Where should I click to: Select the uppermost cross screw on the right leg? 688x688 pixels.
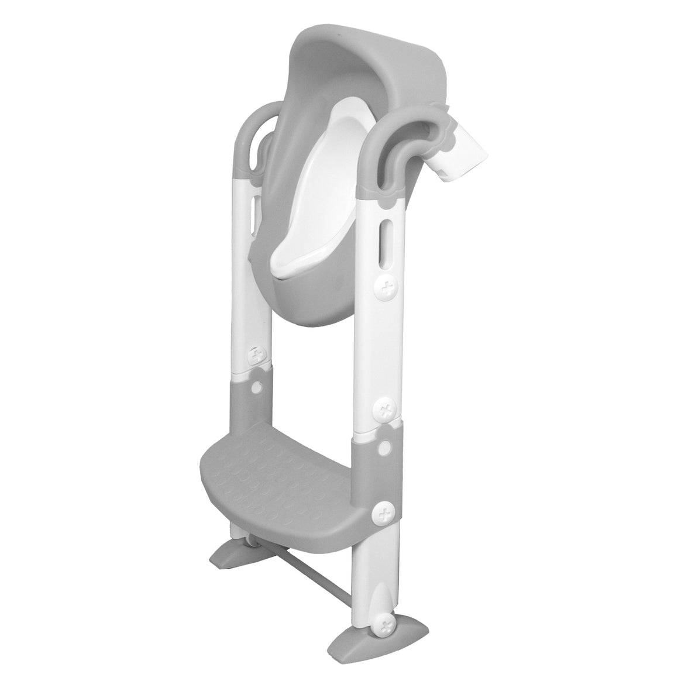click(x=384, y=288)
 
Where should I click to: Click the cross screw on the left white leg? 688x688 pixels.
click(x=255, y=355)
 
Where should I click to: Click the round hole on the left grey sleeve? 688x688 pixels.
click(x=256, y=388)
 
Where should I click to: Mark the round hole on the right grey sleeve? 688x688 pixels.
click(x=384, y=448)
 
